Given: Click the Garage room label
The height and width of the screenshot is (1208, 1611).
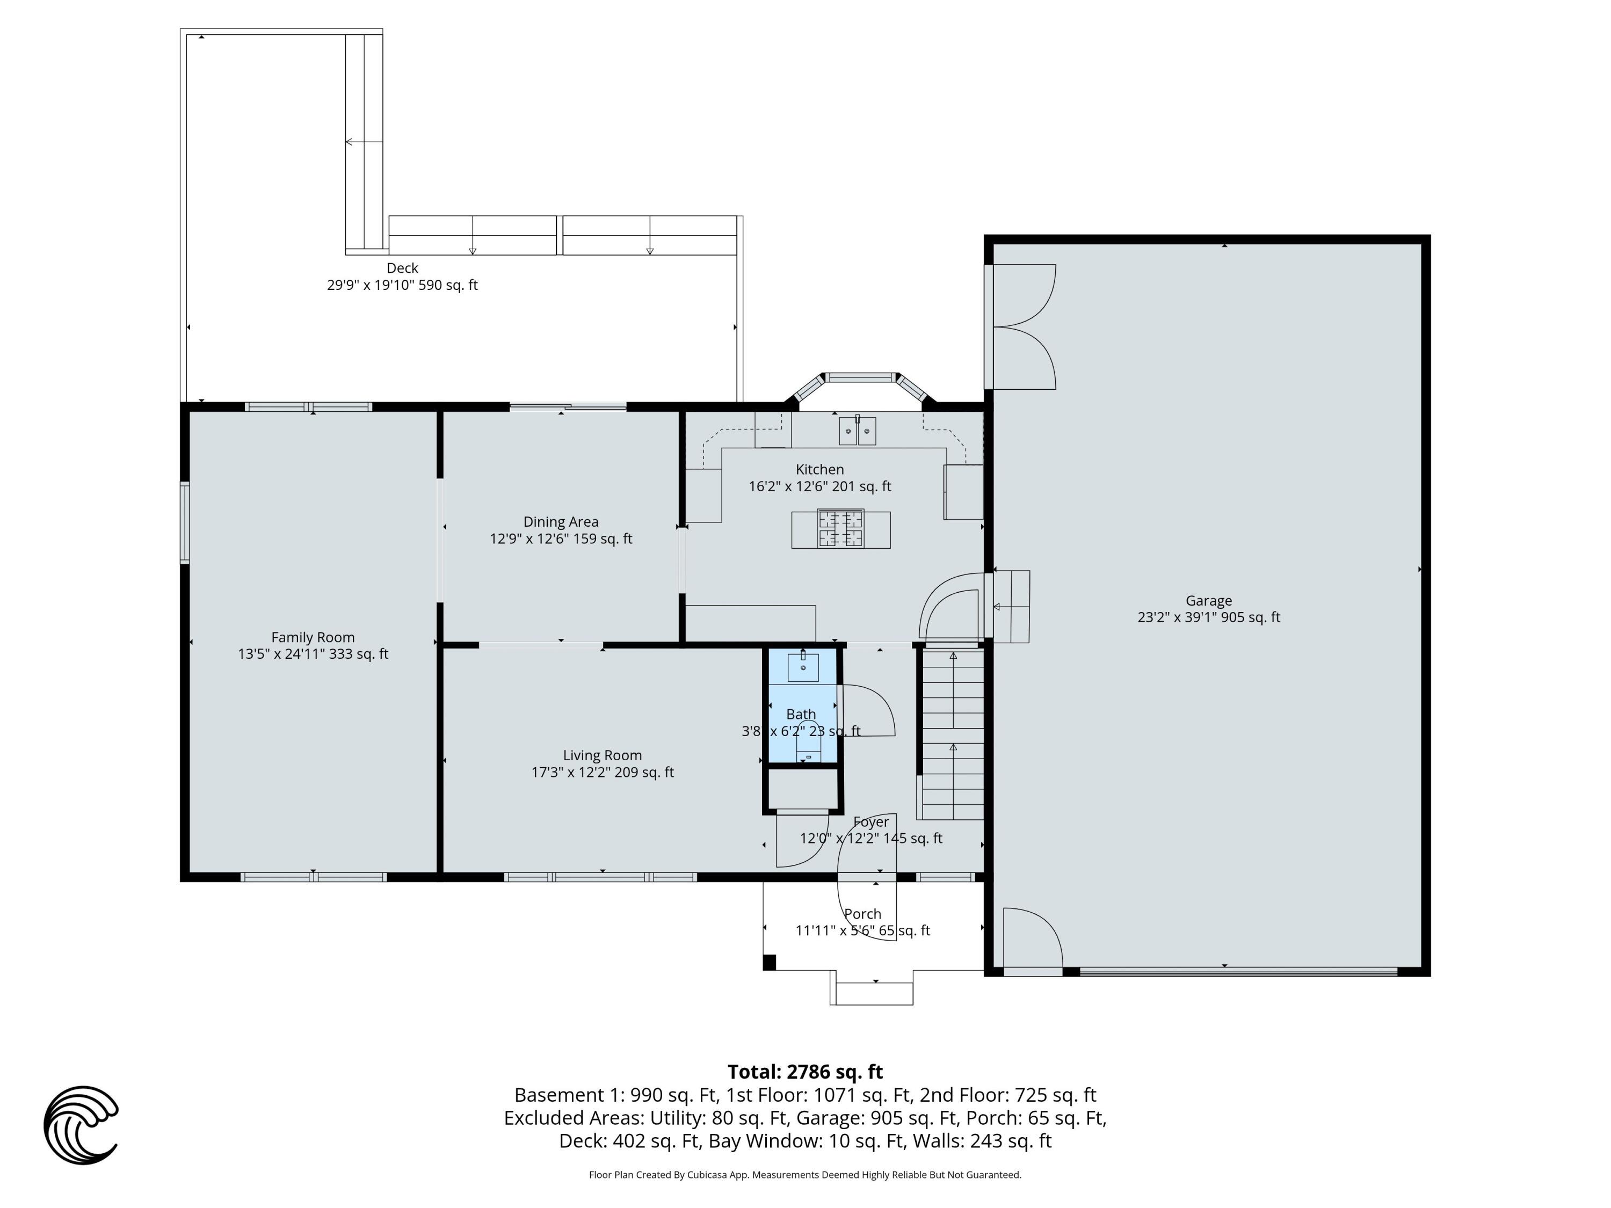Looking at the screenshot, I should [x=1208, y=601].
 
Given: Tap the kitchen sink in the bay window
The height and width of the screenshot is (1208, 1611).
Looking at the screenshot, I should [x=857, y=431].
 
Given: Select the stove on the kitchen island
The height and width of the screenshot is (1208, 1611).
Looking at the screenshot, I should [x=841, y=529].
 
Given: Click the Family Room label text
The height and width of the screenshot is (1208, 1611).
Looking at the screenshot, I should [x=313, y=637].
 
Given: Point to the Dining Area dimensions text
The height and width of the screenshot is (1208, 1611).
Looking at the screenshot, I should [x=561, y=539].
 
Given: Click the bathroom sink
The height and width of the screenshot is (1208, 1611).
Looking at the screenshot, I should [x=803, y=667].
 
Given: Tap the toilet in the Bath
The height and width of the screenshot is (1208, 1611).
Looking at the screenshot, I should [x=808, y=746].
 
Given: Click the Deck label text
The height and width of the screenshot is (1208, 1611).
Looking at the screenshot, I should [x=402, y=268].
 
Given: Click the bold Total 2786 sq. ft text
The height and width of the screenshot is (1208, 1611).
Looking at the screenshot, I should [x=805, y=1072].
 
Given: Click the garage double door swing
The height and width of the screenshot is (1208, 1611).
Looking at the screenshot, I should [x=1024, y=326].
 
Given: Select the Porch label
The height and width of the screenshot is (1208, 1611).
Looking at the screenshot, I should [x=862, y=914].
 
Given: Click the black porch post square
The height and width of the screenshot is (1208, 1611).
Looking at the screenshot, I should [x=769, y=963].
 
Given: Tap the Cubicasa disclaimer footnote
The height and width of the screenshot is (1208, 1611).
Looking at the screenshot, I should [x=805, y=1175].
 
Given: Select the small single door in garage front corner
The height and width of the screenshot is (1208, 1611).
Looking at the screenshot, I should [x=1033, y=940].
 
